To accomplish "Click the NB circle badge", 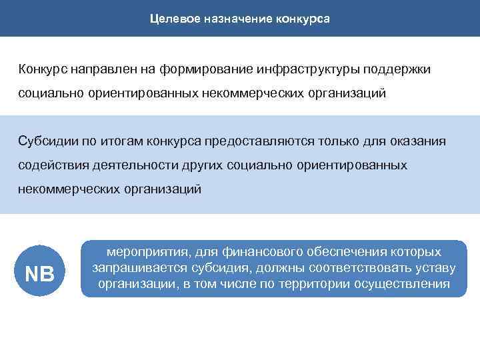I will tap(39, 272).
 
